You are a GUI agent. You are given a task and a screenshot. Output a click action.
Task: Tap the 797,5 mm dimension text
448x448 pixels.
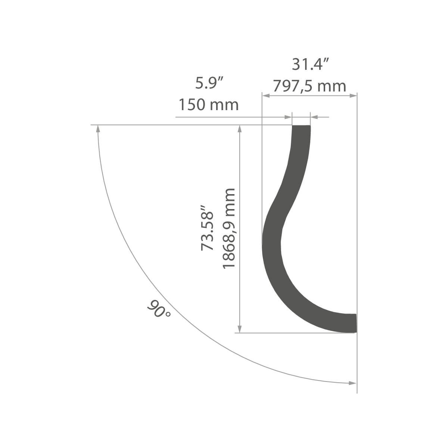(x=309, y=86)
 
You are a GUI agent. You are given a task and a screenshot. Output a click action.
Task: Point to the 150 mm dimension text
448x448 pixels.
(x=209, y=105)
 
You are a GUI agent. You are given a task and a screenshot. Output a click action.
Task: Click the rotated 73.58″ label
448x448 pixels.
(x=207, y=228)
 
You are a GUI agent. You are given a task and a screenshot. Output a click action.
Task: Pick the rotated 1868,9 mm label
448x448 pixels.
(x=229, y=229)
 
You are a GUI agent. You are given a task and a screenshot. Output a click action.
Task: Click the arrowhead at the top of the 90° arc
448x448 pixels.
(x=98, y=128)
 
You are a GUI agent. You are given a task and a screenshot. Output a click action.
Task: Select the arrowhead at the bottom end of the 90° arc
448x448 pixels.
(x=352, y=383)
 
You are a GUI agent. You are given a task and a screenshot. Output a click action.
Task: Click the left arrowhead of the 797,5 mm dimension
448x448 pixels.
(x=266, y=96)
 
